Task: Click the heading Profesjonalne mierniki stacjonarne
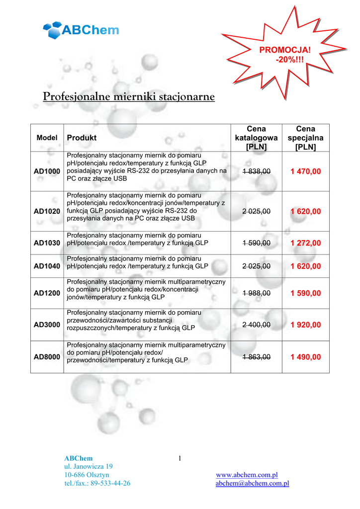tap(129, 96)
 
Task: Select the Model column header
tap(47, 138)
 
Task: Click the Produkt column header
tap(82, 138)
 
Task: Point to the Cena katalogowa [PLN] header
tap(257, 138)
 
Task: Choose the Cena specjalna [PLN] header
tap(305, 138)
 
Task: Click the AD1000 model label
tap(47, 171)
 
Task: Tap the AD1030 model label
tap(47, 243)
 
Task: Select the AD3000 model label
tap(47, 325)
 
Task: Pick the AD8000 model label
tap(47, 357)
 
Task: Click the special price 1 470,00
tap(306, 171)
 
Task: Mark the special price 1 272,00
tap(306, 243)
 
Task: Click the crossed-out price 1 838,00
tap(257, 171)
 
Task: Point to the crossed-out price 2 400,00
tap(257, 325)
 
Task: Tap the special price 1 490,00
tap(306, 357)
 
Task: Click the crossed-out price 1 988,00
tap(257, 293)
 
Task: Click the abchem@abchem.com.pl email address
tap(252, 483)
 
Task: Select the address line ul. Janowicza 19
tap(89, 466)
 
